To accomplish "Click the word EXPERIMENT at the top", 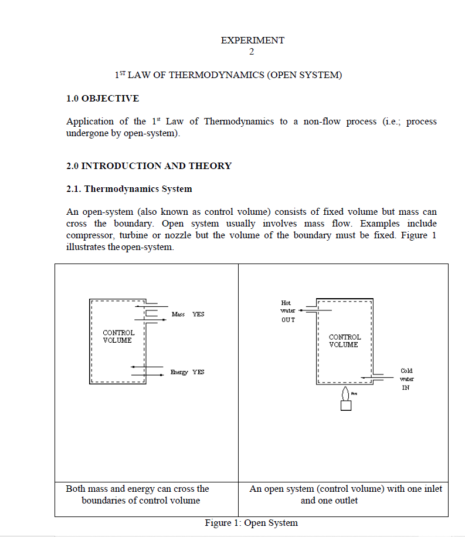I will point(252,40).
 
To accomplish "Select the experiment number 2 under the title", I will point(252,52).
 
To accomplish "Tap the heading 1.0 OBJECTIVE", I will point(103,98).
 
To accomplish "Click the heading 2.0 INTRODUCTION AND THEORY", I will point(149,166).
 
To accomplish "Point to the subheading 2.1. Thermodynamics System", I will point(129,189).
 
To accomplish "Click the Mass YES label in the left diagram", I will point(188,315).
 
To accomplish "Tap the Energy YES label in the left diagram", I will point(187,372).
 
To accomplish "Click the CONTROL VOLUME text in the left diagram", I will point(118,336).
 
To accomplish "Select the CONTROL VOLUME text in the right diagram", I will point(344,341).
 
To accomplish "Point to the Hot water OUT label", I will point(287,311).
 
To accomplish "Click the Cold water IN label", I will point(406,379).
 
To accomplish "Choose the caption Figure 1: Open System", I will point(251,523).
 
